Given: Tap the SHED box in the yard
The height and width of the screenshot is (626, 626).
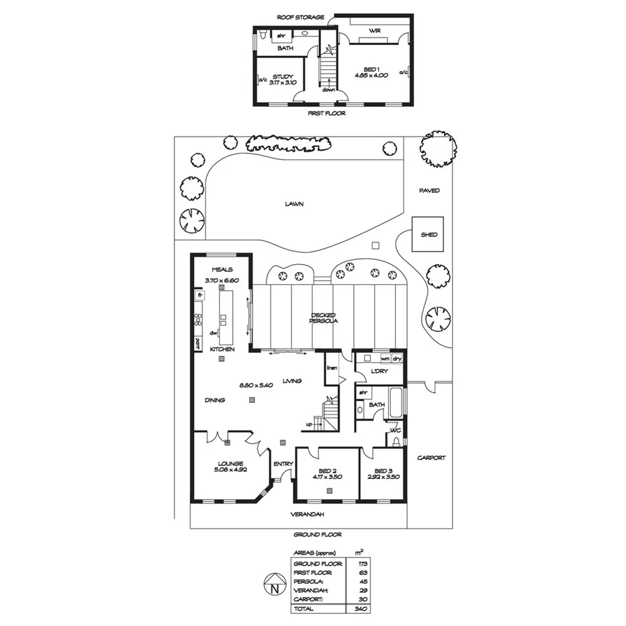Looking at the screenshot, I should [x=429, y=234].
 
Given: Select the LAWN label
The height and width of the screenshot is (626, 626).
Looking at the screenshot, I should [x=290, y=204].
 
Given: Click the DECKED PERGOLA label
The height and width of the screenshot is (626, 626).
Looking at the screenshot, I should [x=323, y=318].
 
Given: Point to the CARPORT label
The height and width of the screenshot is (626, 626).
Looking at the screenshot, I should [x=431, y=457].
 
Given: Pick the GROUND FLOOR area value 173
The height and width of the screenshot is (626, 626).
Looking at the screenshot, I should [x=361, y=563].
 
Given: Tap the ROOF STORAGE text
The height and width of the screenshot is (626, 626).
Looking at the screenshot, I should [x=301, y=17].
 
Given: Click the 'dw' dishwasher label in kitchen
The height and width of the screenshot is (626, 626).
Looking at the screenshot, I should [x=213, y=333].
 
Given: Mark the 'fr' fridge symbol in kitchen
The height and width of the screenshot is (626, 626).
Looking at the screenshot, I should [x=199, y=295].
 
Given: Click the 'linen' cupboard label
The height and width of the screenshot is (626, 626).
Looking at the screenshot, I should [x=332, y=368].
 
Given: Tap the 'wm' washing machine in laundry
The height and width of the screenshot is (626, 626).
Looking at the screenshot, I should [x=385, y=359].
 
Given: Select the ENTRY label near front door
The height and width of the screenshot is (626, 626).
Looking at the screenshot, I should [x=281, y=463].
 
